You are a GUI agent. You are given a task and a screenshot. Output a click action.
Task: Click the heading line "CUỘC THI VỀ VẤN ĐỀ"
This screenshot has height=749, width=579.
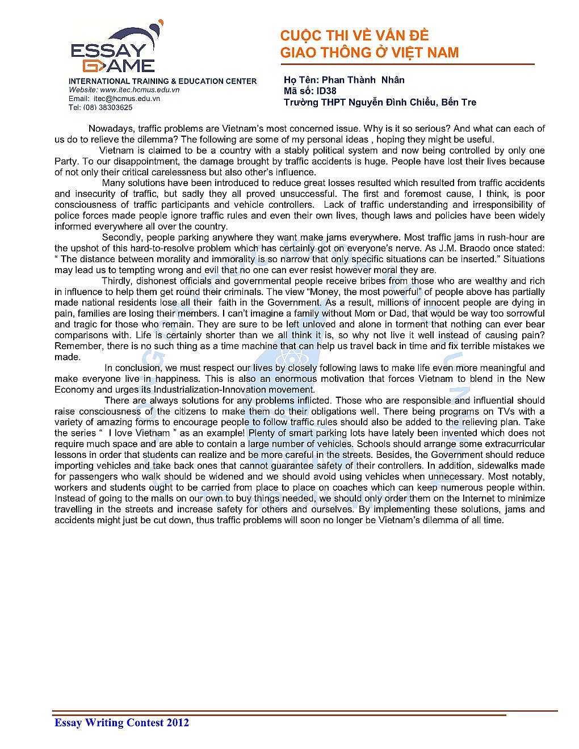tap(354, 36)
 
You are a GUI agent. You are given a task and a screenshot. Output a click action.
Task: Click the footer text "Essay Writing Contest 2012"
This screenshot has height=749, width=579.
tap(121, 722)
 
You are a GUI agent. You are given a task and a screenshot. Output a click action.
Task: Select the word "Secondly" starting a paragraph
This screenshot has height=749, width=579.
tap(121, 237)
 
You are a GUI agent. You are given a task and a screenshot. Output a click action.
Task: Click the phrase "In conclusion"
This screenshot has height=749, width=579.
tap(130, 368)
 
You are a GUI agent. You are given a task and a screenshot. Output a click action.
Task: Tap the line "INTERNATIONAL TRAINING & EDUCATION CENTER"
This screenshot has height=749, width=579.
tap(162, 81)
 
